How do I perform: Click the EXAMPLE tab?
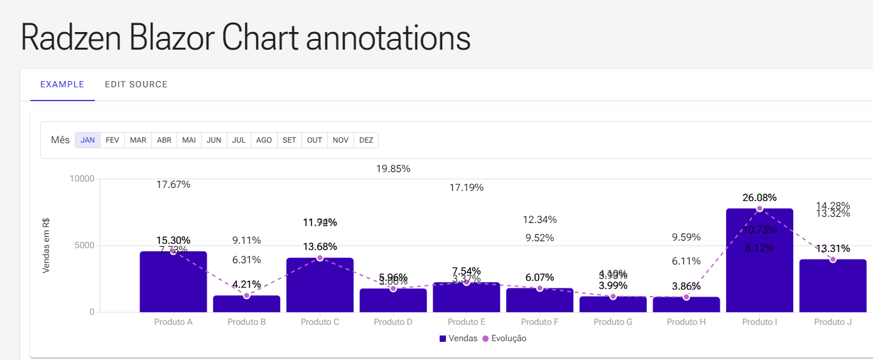pyautogui.click(x=62, y=85)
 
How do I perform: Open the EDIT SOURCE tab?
pyautogui.click(x=136, y=85)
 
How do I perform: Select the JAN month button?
pyautogui.click(x=88, y=140)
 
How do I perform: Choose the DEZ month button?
pyautogui.click(x=366, y=140)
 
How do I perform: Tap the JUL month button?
pyautogui.click(x=239, y=140)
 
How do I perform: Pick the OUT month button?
pyautogui.click(x=315, y=140)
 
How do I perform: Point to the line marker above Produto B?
pyautogui.click(x=247, y=295)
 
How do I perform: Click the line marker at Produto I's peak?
pyautogui.click(x=759, y=209)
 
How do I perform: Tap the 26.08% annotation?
pyautogui.click(x=759, y=197)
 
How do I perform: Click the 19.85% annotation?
pyautogui.click(x=393, y=169)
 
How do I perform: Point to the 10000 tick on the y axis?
pyautogui.click(x=82, y=179)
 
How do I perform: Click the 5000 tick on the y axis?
pyautogui.click(x=84, y=246)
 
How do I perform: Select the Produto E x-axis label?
pyautogui.click(x=466, y=322)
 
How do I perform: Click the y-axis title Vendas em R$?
pyautogui.click(x=46, y=245)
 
